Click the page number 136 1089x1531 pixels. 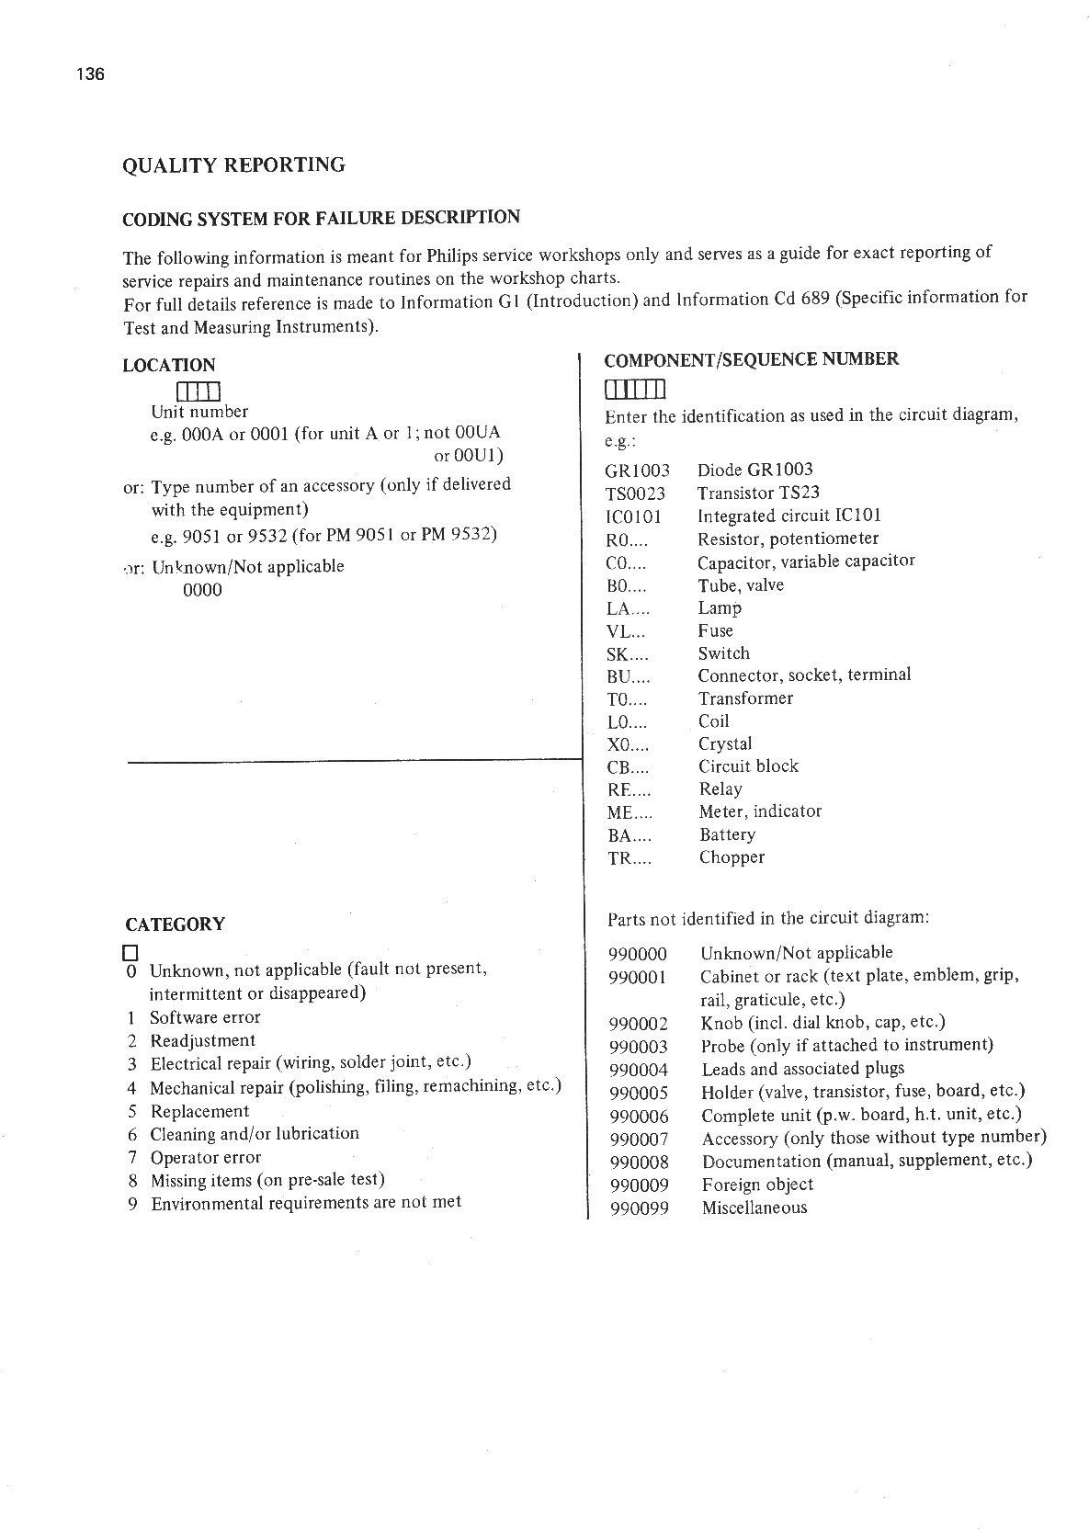click(91, 74)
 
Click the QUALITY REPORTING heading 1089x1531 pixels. click(233, 165)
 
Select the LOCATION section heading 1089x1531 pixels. click(168, 365)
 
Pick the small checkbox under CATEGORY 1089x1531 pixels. click(130, 951)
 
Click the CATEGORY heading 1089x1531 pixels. click(175, 924)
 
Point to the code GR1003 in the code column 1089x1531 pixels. click(637, 471)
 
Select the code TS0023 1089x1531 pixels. click(635, 493)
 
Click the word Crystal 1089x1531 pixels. click(725, 743)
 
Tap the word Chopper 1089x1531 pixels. click(732, 857)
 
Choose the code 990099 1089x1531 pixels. click(639, 1208)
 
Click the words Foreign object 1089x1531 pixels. click(757, 1185)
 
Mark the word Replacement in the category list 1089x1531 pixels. click(199, 1111)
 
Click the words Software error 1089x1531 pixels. click(205, 1017)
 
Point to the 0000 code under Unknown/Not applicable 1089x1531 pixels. click(202, 590)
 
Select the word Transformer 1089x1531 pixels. click(745, 698)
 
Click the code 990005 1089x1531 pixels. click(639, 1093)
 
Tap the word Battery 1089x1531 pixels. click(727, 834)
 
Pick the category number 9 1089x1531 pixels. click(132, 1204)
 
